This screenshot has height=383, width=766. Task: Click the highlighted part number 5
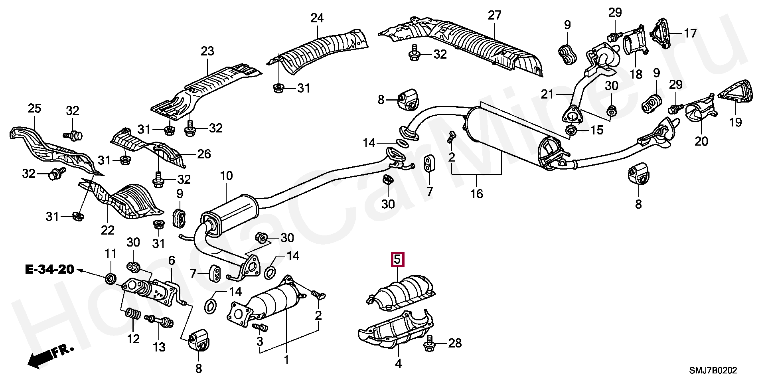click(x=397, y=260)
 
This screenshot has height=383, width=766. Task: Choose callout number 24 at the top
click(x=318, y=18)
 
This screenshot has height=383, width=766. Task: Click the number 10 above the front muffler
click(x=226, y=176)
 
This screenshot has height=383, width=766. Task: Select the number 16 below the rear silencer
click(x=476, y=194)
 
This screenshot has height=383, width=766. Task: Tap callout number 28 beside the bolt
click(x=455, y=343)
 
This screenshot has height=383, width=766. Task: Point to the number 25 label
click(x=34, y=108)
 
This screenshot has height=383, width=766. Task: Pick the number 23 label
click(x=207, y=51)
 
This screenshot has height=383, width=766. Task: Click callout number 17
click(x=690, y=33)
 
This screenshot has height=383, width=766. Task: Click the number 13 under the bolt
click(x=159, y=347)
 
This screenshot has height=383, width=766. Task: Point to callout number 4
click(x=398, y=363)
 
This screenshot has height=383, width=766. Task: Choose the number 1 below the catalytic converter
click(x=286, y=360)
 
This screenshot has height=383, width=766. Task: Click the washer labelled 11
click(x=111, y=278)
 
